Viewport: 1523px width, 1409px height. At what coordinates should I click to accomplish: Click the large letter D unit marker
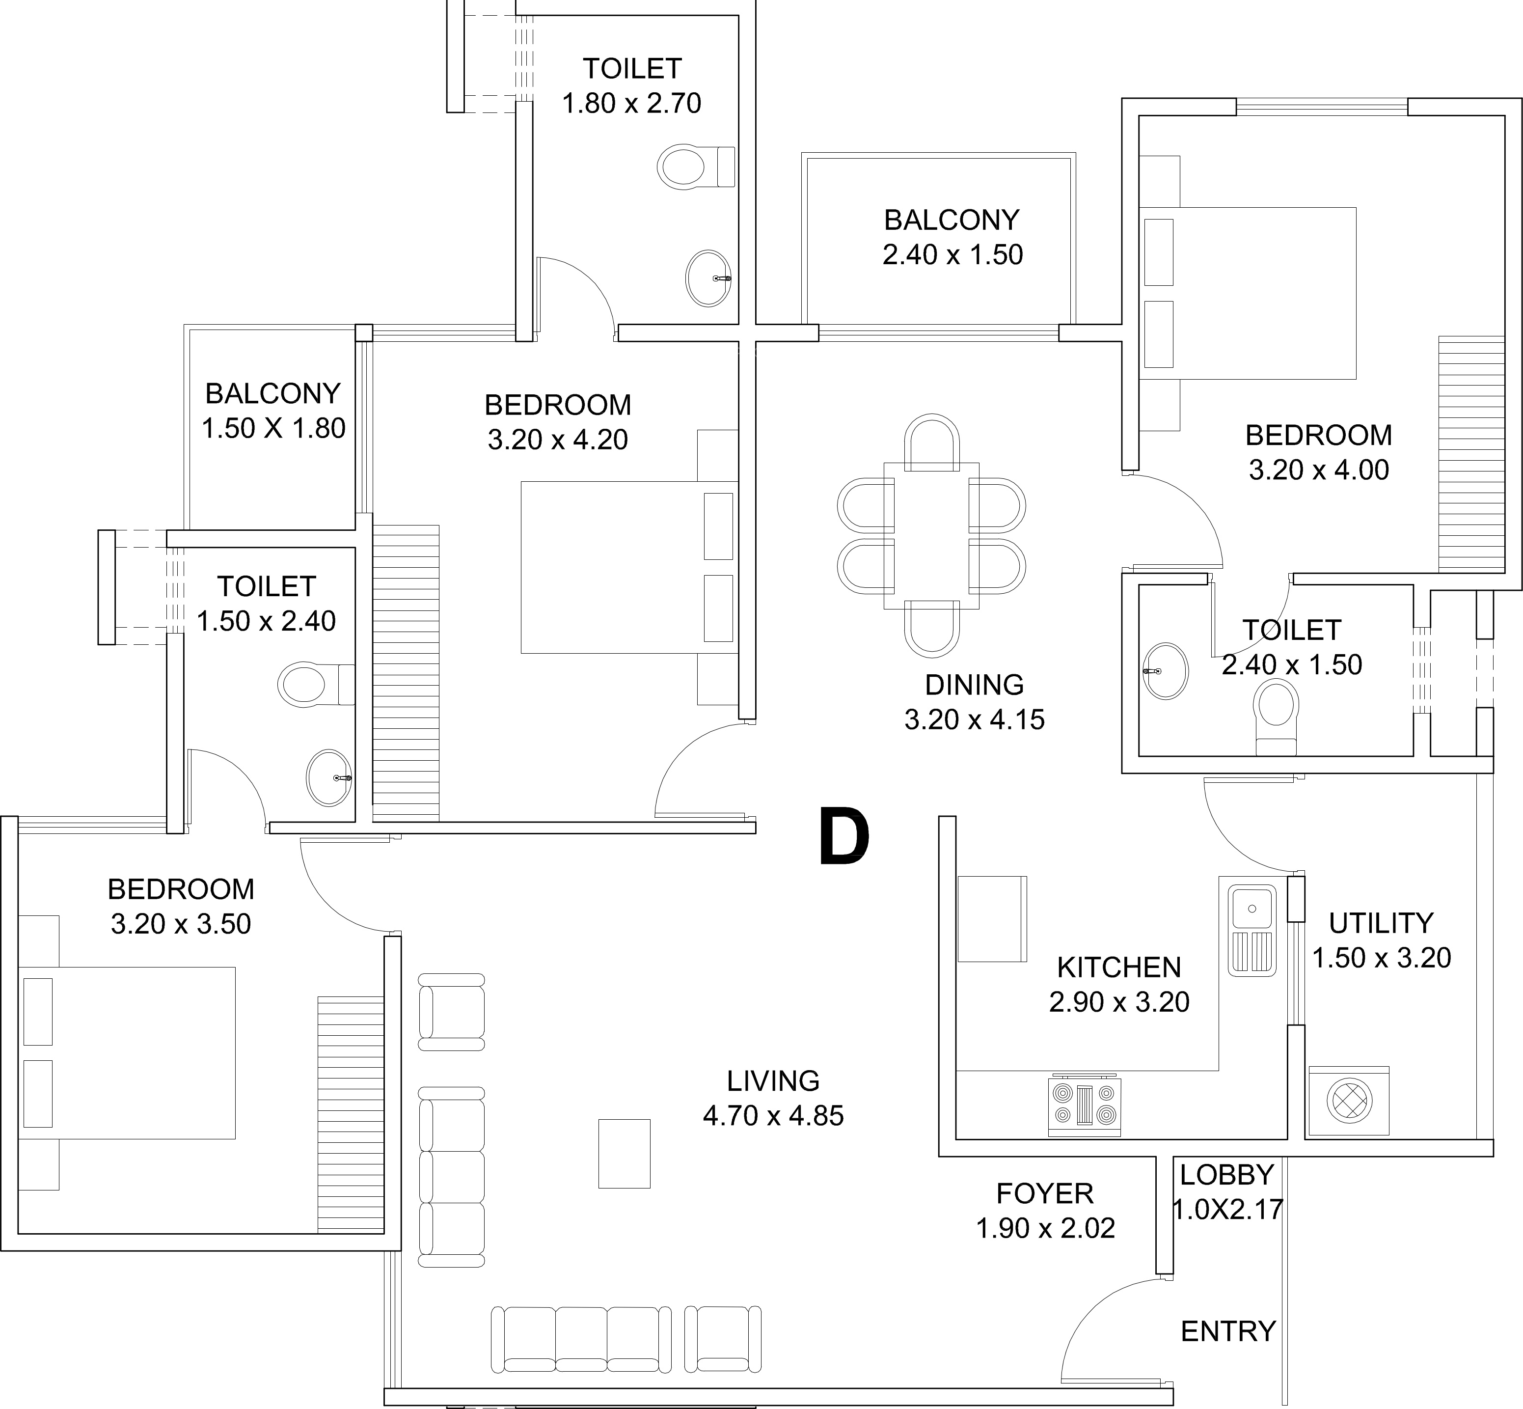844,837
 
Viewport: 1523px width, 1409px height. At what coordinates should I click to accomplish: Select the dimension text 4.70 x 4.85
773,1115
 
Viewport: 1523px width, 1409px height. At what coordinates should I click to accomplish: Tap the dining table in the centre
931,535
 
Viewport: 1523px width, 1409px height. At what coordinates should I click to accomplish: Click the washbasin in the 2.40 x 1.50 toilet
1166,671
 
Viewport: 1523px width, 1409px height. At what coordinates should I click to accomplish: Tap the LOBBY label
1226,1175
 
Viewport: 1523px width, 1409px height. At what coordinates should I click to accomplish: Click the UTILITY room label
1381,923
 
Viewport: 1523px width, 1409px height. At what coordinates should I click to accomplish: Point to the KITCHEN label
1118,967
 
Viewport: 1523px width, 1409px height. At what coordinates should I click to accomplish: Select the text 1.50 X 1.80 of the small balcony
273,428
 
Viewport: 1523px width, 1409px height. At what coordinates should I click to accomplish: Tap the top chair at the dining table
931,442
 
